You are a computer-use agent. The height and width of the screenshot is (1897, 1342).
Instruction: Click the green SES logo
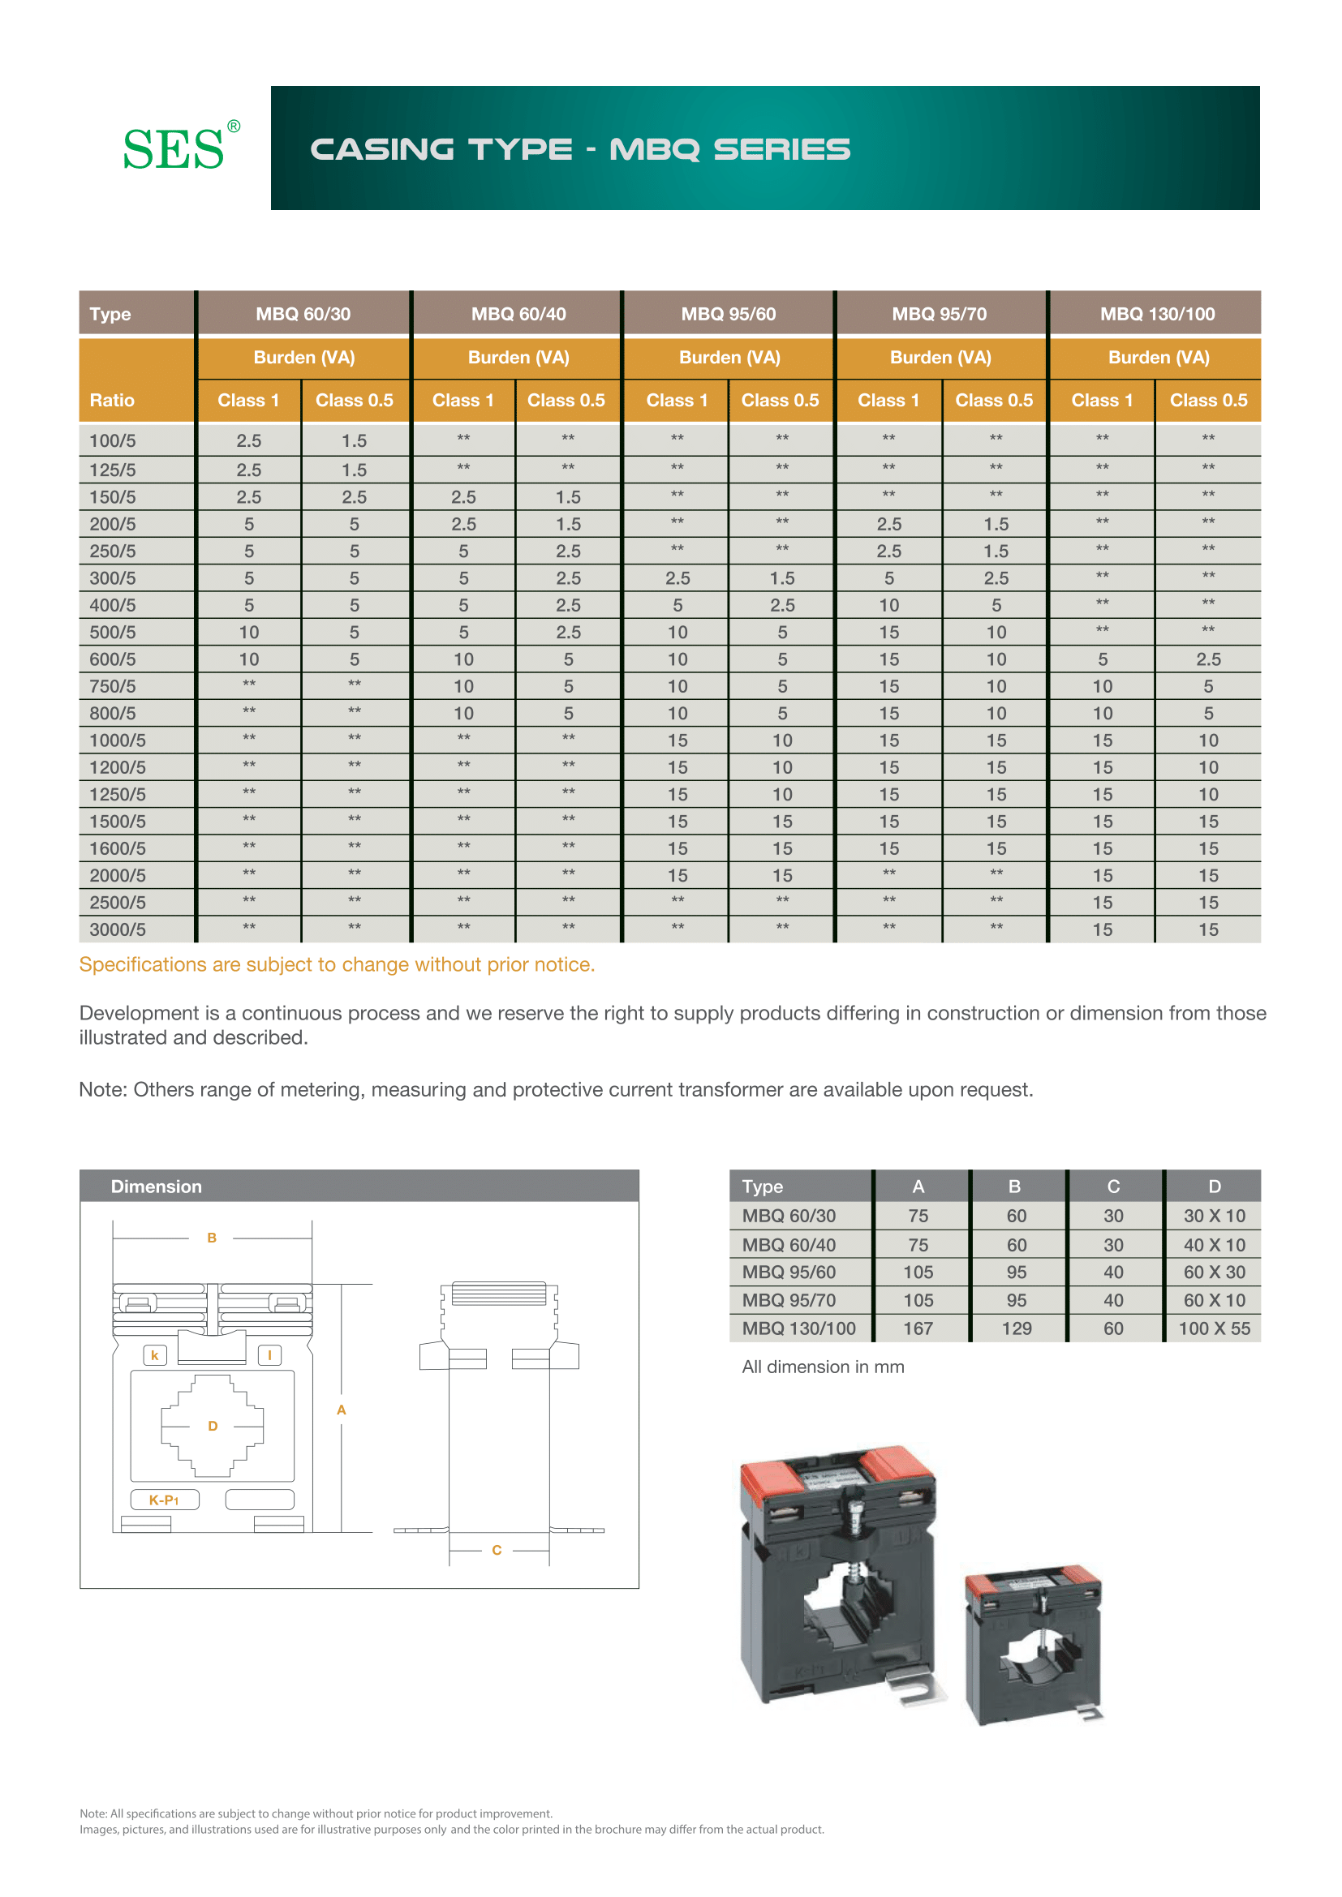[x=174, y=149]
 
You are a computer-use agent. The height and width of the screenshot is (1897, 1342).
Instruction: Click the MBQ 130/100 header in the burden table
[x=1157, y=314]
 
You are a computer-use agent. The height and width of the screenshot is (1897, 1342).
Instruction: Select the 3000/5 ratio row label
[x=118, y=929]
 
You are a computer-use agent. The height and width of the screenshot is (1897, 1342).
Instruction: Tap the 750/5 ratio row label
[x=113, y=687]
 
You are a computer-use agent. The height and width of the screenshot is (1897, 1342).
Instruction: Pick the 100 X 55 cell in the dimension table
[x=1213, y=1328]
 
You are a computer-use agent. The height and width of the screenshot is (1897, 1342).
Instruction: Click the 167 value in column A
[x=918, y=1328]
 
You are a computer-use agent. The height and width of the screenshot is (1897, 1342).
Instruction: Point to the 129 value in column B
[x=1017, y=1328]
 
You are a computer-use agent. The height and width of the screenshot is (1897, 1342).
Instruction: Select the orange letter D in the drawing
[x=213, y=1426]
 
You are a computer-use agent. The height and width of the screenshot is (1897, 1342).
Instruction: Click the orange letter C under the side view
[x=497, y=1550]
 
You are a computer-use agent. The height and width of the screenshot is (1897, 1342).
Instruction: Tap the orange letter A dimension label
[x=342, y=1410]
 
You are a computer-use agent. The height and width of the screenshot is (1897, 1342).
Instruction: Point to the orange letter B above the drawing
[x=212, y=1238]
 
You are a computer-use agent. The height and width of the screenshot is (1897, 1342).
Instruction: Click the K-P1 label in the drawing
[x=165, y=1500]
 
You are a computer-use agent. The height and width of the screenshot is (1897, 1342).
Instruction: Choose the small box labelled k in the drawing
[x=154, y=1355]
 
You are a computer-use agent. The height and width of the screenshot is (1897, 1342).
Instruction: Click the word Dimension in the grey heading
[x=156, y=1187]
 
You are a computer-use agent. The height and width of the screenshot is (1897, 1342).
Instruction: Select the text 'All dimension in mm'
[x=823, y=1367]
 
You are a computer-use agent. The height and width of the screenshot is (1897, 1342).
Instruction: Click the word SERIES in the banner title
[x=781, y=149]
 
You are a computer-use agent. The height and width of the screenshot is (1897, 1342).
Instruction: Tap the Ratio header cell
[x=113, y=400]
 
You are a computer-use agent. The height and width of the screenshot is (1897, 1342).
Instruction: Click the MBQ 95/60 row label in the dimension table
[x=789, y=1273]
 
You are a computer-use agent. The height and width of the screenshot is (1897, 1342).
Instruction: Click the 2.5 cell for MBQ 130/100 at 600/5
[x=1208, y=659]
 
